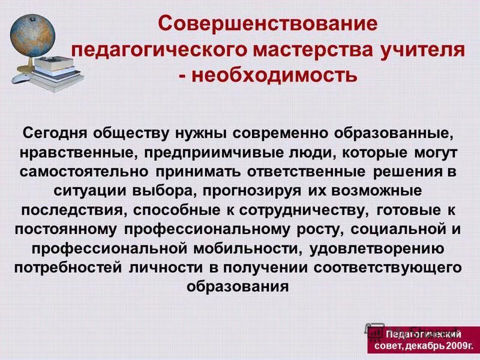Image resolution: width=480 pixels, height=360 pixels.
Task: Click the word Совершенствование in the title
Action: pos(268,25)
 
